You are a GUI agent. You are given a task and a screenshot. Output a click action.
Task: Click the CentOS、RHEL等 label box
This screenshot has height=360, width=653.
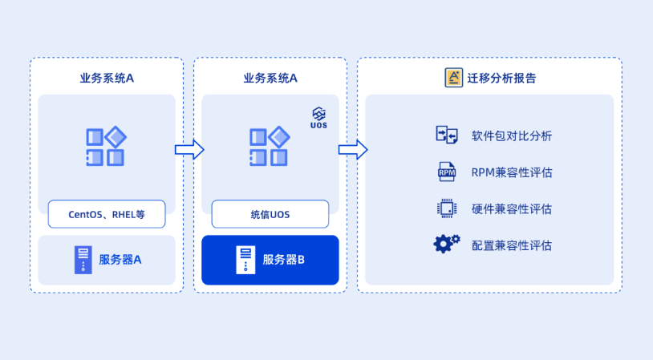[107, 214]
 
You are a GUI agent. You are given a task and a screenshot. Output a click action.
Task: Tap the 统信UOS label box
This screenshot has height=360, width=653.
[270, 214]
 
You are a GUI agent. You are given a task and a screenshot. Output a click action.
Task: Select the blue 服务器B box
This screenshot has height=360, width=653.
[270, 260]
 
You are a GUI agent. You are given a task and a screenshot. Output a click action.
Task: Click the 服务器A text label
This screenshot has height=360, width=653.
[120, 260]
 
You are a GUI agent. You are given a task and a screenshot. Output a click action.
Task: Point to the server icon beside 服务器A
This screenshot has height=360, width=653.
[83, 260]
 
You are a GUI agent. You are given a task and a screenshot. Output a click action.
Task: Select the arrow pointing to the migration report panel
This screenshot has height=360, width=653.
[352, 149]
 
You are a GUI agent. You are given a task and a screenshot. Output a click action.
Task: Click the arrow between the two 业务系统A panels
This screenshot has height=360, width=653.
[189, 149]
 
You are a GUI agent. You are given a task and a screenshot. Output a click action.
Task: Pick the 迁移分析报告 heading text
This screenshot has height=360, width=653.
[502, 78]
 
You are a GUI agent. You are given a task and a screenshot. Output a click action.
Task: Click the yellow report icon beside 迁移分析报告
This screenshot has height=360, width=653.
[453, 78]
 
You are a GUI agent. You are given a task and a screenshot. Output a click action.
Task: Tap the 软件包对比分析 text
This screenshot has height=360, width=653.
[512, 136]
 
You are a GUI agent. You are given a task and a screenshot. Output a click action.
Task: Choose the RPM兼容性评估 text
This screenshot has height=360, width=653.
[512, 172]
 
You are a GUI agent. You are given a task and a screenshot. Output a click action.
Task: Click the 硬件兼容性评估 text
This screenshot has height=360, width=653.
[512, 209]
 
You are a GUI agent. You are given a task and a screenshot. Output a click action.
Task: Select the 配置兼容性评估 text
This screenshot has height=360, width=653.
[512, 245]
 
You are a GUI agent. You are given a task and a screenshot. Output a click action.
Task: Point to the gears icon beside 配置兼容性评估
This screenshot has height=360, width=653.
[447, 244]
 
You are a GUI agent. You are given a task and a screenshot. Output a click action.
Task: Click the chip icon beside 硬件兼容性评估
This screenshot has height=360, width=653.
[447, 208]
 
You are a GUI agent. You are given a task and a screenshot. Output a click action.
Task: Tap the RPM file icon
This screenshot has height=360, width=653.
[447, 172]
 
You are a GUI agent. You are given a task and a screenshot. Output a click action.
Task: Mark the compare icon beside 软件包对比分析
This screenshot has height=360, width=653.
[447, 135]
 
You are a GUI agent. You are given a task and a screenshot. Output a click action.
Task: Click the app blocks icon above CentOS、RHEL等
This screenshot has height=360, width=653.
[106, 147]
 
